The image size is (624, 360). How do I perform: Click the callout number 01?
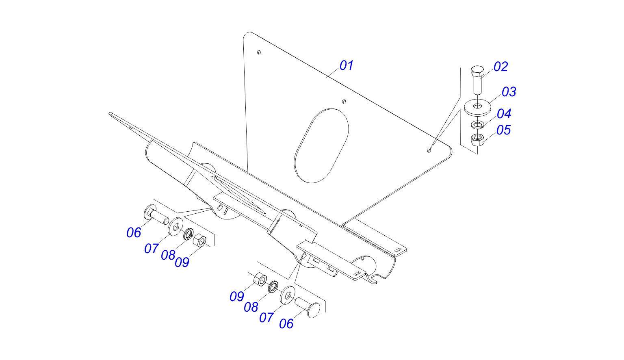346,65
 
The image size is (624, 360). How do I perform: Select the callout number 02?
500,67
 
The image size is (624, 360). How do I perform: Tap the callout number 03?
509,92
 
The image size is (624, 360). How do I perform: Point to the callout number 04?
504,114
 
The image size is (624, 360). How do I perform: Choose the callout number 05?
504,130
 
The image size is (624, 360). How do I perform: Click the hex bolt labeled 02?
477,80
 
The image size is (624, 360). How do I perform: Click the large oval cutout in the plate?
321,146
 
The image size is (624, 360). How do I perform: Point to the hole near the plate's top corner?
259,52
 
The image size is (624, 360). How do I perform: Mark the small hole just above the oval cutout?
344,102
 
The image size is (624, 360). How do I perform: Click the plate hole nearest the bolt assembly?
429,150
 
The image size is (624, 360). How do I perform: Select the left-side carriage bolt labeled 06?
156,215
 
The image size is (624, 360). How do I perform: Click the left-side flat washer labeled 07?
176,227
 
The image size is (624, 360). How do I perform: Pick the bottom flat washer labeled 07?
288,295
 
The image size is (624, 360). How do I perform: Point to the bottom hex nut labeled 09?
260,279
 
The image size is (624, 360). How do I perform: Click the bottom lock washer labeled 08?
273,287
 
